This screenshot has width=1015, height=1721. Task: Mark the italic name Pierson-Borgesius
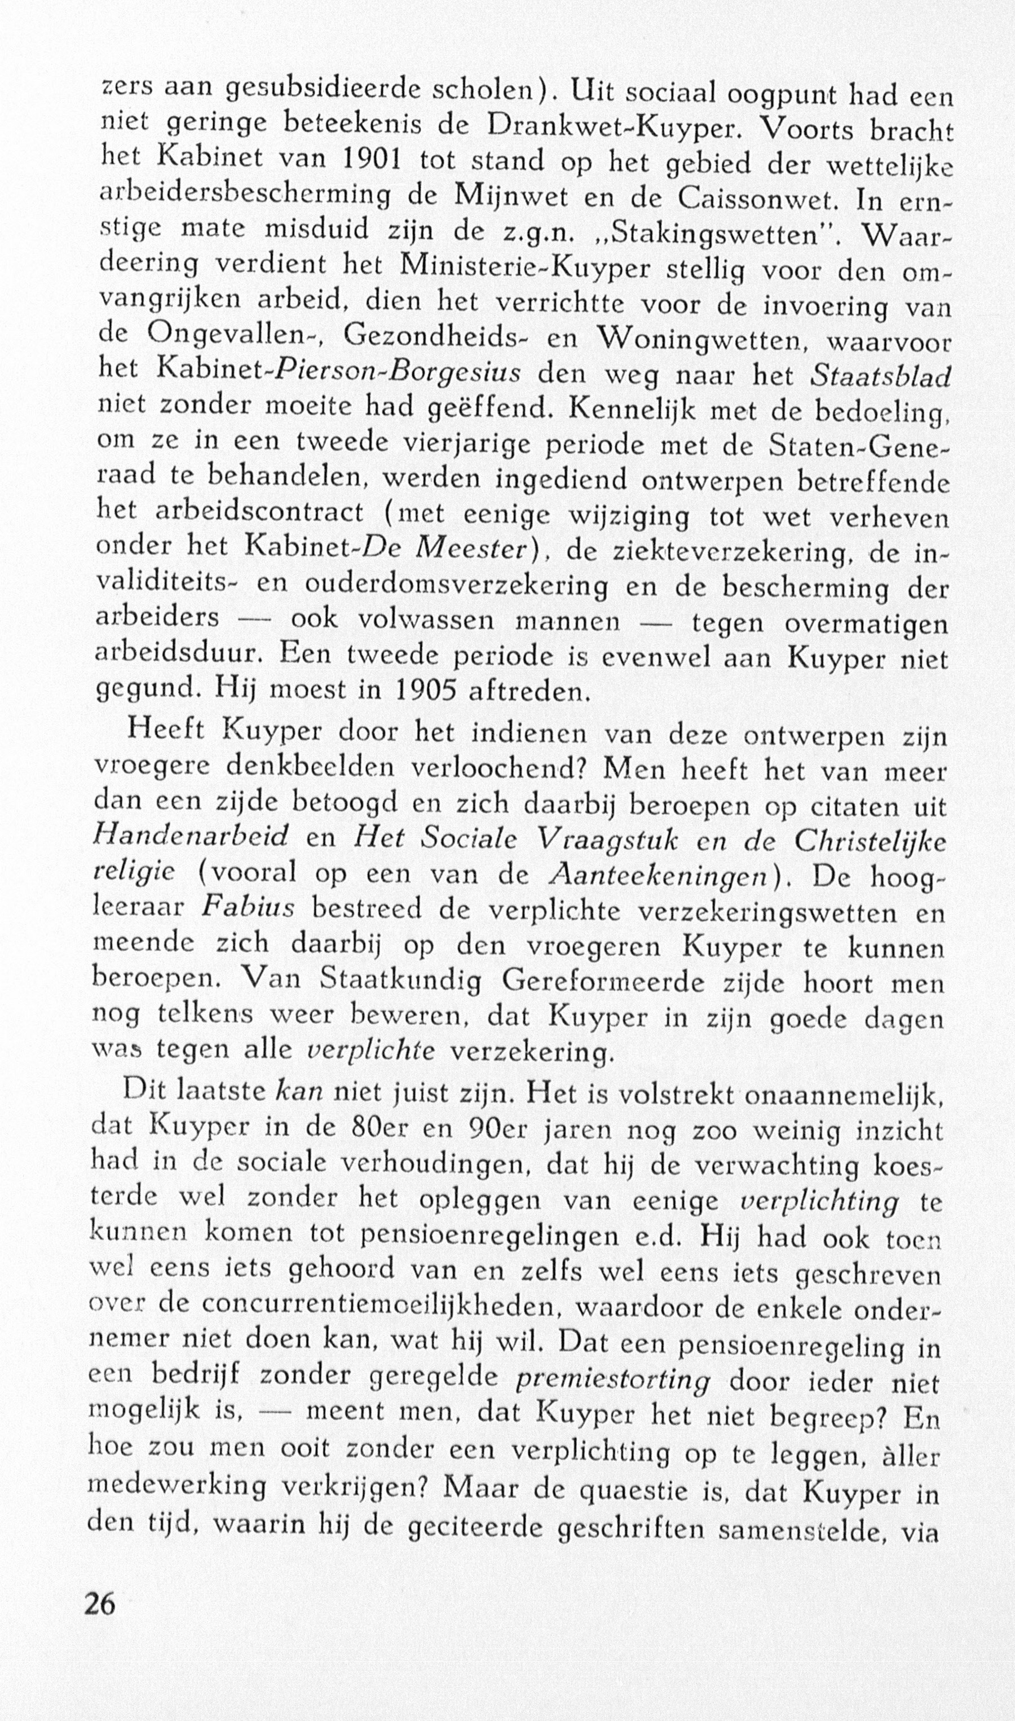399,374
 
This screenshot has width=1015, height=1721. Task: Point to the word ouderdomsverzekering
456,586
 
